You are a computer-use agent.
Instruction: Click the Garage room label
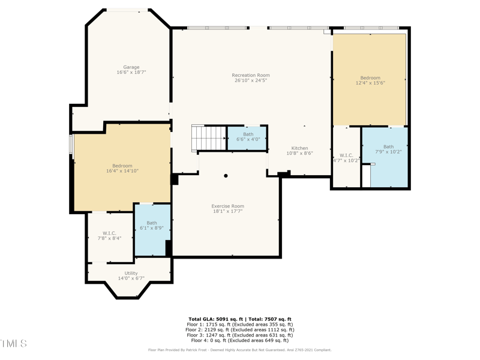click(131, 67)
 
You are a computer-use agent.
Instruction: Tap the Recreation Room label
click(251, 76)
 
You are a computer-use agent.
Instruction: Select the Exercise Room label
click(227, 206)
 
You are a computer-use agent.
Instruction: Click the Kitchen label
click(299, 148)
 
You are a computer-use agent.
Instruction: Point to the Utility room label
click(131, 274)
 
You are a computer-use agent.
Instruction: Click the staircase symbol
click(208, 137)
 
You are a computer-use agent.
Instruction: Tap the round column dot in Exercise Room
click(226, 176)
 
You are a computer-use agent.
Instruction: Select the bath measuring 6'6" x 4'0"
click(248, 137)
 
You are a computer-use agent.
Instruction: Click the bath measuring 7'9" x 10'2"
click(388, 150)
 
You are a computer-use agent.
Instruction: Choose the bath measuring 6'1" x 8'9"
click(151, 226)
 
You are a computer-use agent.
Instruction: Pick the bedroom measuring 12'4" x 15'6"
click(370, 80)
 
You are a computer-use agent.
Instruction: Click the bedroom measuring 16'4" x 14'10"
click(122, 168)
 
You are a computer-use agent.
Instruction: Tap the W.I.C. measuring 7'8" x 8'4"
click(109, 236)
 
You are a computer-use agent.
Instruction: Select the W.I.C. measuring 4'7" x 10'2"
click(346, 157)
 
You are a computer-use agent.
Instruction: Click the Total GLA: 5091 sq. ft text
click(217, 319)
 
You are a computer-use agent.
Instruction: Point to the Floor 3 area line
click(239, 335)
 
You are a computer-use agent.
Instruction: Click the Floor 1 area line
click(239, 325)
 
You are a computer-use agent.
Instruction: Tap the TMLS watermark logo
click(13, 344)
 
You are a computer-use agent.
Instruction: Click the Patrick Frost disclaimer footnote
click(239, 350)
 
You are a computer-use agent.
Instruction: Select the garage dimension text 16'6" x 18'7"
click(131, 72)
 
